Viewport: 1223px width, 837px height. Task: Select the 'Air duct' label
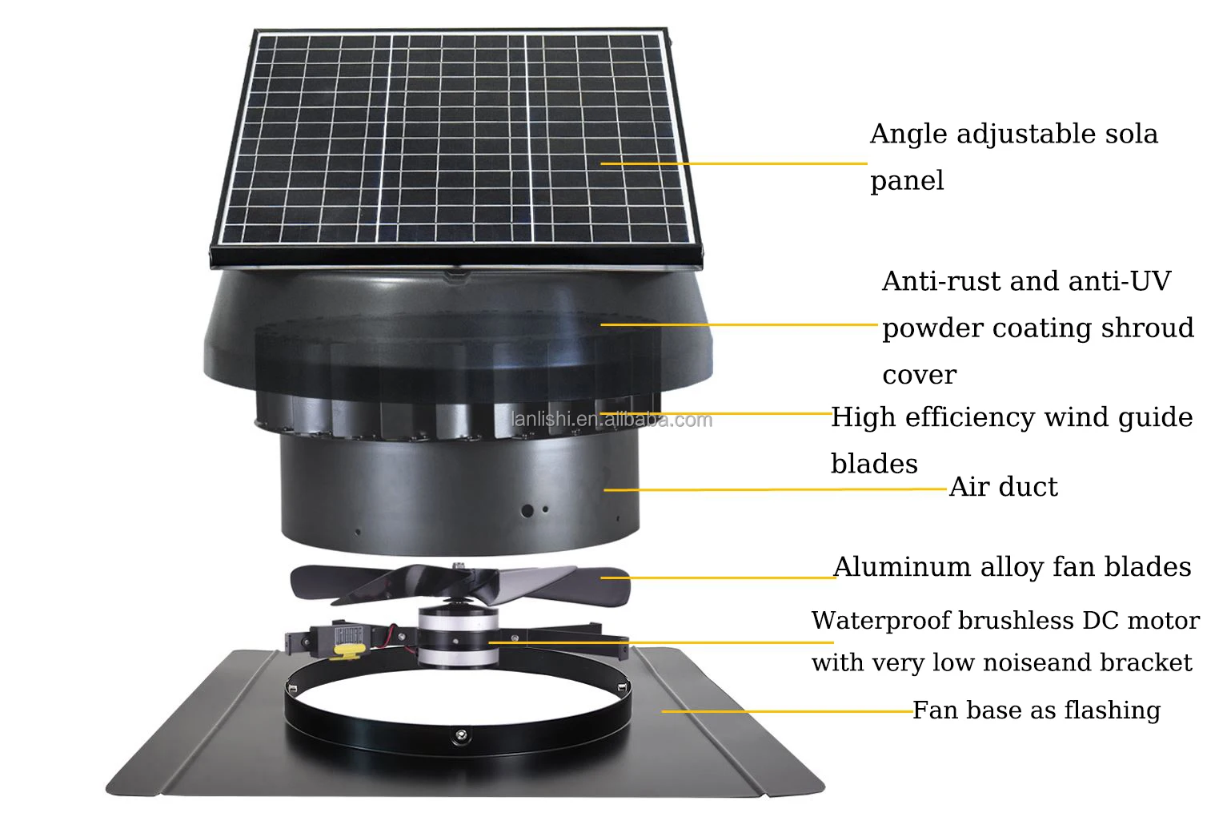tap(1003, 487)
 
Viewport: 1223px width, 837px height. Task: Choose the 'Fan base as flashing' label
tap(1037, 710)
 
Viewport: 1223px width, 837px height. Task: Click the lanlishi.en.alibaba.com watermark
tap(611, 420)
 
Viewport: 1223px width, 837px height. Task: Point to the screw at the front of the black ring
tap(460, 734)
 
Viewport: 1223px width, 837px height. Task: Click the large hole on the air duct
tap(527, 509)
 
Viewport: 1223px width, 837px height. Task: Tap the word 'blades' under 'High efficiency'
tap(874, 465)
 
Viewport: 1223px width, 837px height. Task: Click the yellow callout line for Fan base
tap(788, 711)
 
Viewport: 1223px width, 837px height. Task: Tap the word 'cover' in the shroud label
tap(919, 376)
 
